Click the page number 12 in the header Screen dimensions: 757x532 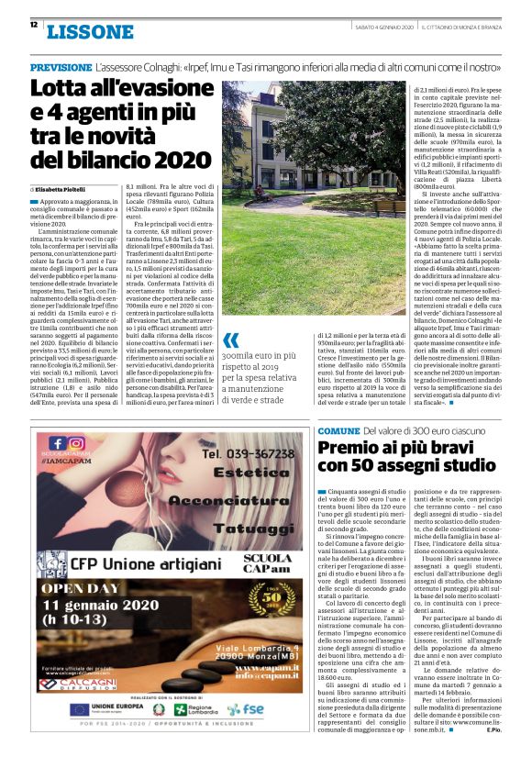pos(34,25)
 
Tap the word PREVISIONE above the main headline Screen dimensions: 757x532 pos(60,68)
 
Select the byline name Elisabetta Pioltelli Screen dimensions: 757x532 pos(70,188)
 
